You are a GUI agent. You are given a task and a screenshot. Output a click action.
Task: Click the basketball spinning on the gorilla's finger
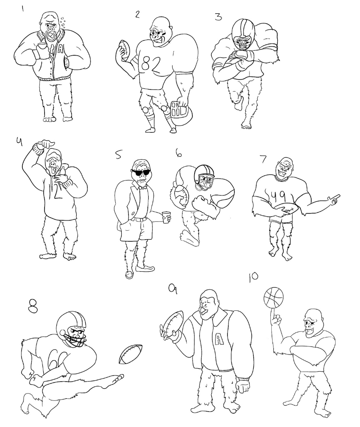(273, 297)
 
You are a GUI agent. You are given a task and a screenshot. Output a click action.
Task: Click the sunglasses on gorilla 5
(141, 172)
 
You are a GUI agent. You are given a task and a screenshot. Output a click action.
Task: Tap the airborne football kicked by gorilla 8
(130, 354)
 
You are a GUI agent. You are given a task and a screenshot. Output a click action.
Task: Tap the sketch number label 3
(218, 17)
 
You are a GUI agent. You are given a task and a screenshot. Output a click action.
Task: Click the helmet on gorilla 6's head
(204, 177)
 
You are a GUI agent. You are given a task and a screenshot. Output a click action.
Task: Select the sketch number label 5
(119, 155)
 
